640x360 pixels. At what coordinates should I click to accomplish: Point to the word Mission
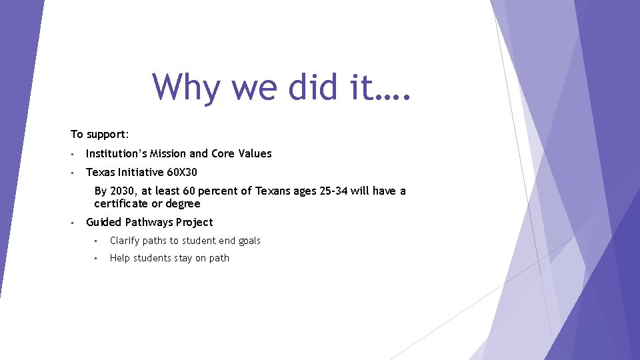click(x=169, y=153)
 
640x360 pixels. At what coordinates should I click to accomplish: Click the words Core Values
click(x=241, y=153)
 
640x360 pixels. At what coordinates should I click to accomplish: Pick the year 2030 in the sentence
click(x=122, y=191)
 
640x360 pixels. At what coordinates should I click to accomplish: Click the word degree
click(x=183, y=203)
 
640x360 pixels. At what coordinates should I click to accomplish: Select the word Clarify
click(x=125, y=241)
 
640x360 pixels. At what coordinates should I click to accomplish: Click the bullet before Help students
click(x=97, y=259)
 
